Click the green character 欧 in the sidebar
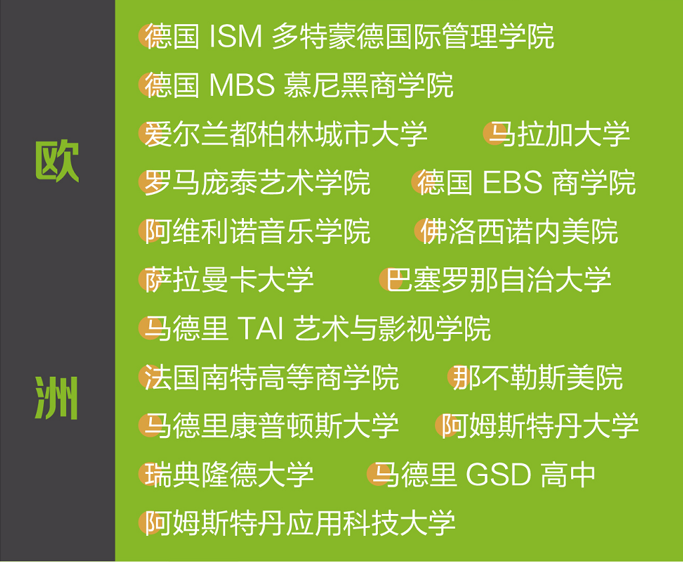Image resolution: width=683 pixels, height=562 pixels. pyautogui.click(x=57, y=161)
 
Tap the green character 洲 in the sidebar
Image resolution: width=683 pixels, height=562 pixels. pyautogui.click(x=57, y=398)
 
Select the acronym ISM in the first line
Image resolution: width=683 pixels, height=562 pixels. pyautogui.click(x=236, y=36)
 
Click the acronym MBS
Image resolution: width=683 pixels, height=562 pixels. pyautogui.click(x=242, y=85)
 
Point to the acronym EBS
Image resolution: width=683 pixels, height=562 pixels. pyautogui.click(x=512, y=182)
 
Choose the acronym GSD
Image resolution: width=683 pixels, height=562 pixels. pyautogui.click(x=498, y=475)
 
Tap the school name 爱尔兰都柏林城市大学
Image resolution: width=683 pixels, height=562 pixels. pyautogui.click(x=286, y=134)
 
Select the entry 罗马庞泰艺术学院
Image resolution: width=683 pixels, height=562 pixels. pyautogui.click(x=257, y=182)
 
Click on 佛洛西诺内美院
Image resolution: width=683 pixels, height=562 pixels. pyautogui.click(x=519, y=231)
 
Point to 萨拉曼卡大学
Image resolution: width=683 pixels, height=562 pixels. pyautogui.click(x=229, y=280)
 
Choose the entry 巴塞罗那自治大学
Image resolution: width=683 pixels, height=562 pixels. pyautogui.click(x=498, y=280)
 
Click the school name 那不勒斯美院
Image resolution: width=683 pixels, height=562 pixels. pyautogui.click(x=538, y=377)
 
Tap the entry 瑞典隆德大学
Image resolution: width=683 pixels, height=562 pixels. pyautogui.click(x=229, y=475)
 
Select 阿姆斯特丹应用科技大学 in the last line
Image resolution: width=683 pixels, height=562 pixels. pyautogui.click(x=300, y=523)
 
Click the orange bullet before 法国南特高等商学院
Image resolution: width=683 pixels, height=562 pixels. pyautogui.click(x=150, y=377)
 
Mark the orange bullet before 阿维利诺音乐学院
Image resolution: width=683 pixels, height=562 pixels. pyautogui.click(x=150, y=231)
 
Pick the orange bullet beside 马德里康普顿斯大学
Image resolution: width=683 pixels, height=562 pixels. pyautogui.click(x=150, y=425)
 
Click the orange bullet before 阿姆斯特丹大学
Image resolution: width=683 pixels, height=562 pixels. pyautogui.click(x=446, y=425)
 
